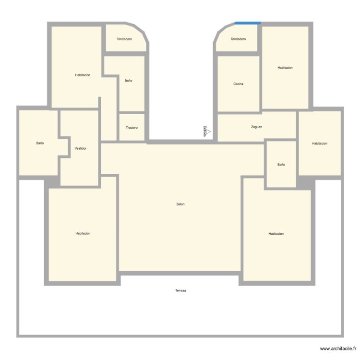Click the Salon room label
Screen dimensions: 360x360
click(180, 204)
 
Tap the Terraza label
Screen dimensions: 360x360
click(180, 290)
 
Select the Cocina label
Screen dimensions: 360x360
click(238, 84)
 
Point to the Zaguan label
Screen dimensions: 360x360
click(256, 127)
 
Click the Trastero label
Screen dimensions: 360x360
click(132, 128)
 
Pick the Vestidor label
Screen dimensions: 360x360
click(81, 148)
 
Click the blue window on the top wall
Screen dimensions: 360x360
click(248, 23)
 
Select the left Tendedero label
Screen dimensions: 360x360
click(124, 39)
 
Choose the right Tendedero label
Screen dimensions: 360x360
click(238, 39)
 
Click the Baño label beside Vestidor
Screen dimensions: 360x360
click(40, 143)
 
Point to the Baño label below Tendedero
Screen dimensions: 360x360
click(128, 81)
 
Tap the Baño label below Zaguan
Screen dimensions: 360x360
click(281, 165)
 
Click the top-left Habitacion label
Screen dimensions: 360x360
click(83, 75)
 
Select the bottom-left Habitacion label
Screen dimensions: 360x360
click(83, 233)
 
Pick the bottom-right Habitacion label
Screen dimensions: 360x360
click(276, 234)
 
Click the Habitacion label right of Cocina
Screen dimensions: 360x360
click(285, 68)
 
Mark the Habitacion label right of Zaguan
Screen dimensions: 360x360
click(320, 144)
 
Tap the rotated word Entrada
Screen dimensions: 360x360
click(205, 132)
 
